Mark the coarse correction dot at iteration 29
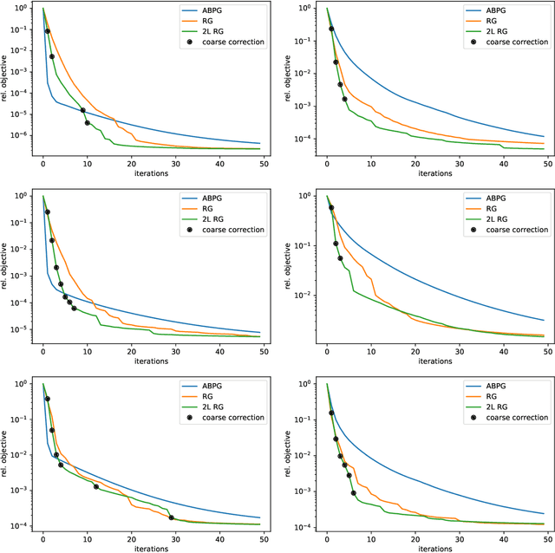pyautogui.click(x=171, y=517)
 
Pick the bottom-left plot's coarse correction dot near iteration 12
pyautogui.click(x=96, y=486)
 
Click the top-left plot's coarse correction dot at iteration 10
pyautogui.click(x=88, y=123)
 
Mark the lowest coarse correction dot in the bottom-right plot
pyautogui.click(x=353, y=493)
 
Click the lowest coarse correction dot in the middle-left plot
pyautogui.click(x=74, y=309)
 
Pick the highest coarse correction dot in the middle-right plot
pyautogui.click(x=331, y=208)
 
